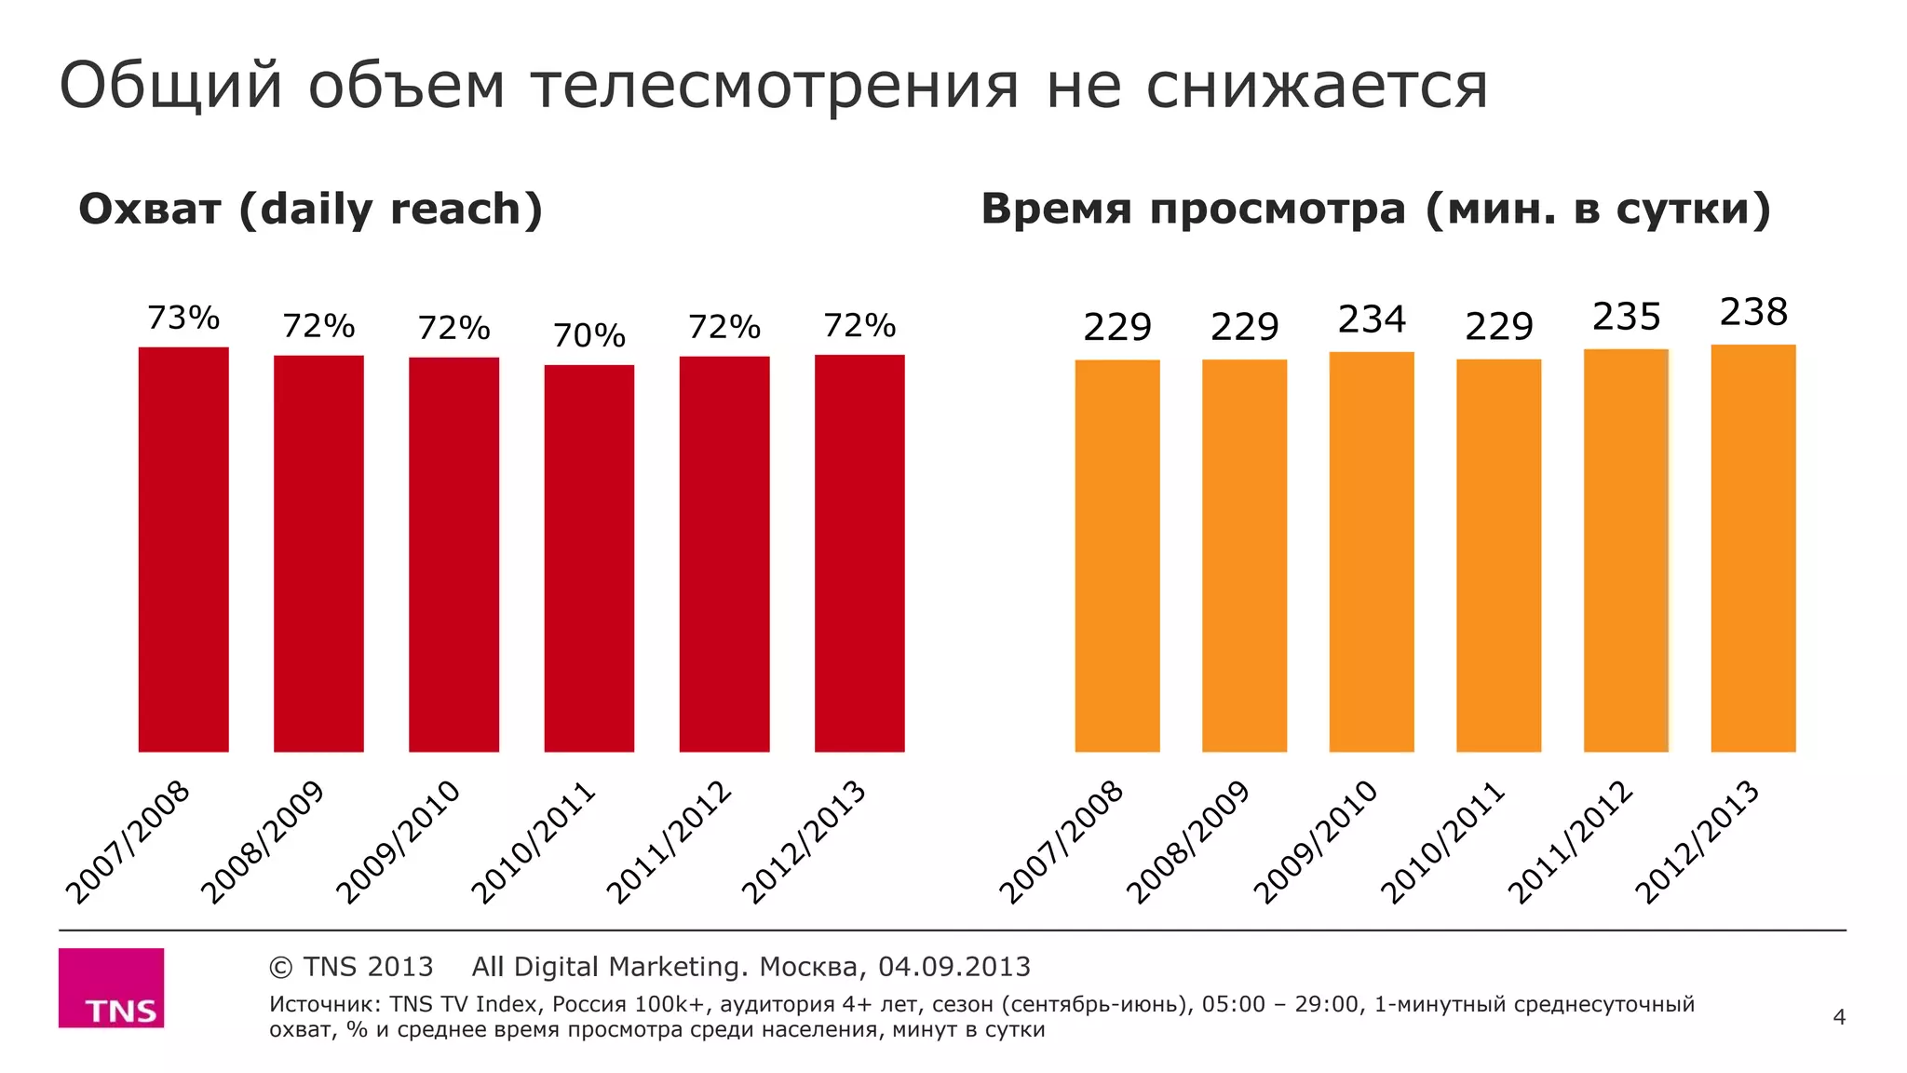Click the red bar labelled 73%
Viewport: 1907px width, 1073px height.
pyautogui.click(x=183, y=550)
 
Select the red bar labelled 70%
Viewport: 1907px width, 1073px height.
pyautogui.click(x=588, y=559)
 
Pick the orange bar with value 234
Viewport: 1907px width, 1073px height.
pyautogui.click(x=1371, y=551)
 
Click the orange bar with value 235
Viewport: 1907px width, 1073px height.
pyautogui.click(x=1626, y=550)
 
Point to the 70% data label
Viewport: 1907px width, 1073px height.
pyautogui.click(x=588, y=335)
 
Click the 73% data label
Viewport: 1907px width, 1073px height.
pyautogui.click(x=183, y=319)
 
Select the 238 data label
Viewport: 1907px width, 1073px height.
pyautogui.click(x=1752, y=312)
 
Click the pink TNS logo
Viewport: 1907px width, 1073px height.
pyautogui.click(x=111, y=987)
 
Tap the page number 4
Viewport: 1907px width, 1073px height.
pyautogui.click(x=1838, y=1017)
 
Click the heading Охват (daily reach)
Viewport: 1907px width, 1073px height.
pyautogui.click(x=310, y=210)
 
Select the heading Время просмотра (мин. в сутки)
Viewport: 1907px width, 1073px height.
pyautogui.click(x=1375, y=210)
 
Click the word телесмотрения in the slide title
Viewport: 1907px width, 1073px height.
pyautogui.click(x=775, y=86)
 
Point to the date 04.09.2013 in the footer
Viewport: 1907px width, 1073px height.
pyautogui.click(x=953, y=967)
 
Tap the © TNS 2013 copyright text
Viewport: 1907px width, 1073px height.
pyautogui.click(x=351, y=967)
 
